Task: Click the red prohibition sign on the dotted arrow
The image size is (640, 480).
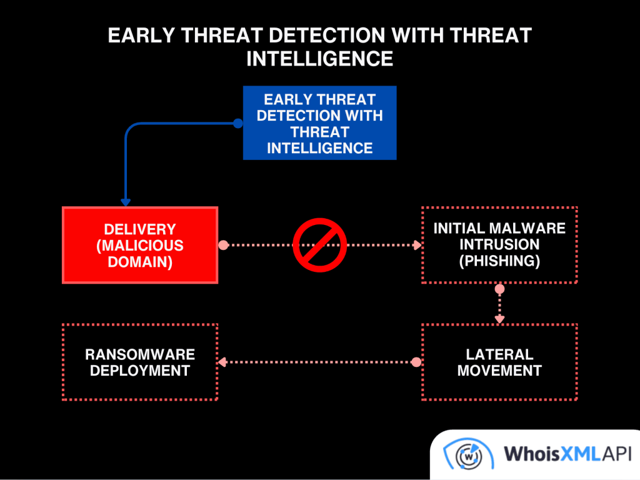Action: point(320,245)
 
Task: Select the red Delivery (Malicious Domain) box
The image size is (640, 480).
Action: point(140,245)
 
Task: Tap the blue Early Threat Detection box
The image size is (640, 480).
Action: point(319,123)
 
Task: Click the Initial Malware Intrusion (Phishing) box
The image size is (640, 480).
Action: point(499,244)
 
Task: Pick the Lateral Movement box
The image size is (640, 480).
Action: point(499,362)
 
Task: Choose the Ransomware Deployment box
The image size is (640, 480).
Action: point(140,362)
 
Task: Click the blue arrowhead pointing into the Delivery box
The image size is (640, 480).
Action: point(126,202)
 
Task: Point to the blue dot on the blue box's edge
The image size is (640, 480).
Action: point(237,123)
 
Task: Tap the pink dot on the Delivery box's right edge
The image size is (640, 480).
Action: point(223,245)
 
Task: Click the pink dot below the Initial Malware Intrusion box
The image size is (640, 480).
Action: point(499,289)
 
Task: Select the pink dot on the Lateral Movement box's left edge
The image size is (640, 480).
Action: point(416,362)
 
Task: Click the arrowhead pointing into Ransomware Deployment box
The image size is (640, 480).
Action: point(221,362)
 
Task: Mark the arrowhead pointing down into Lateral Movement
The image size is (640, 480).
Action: point(499,319)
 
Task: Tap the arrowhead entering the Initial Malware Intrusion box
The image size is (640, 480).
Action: point(418,245)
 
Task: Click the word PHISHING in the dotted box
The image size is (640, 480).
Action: point(499,261)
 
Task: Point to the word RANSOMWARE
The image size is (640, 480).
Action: point(140,354)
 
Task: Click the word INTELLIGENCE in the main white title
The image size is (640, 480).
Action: point(319,58)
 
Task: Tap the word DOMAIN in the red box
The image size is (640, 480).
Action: point(140,261)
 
